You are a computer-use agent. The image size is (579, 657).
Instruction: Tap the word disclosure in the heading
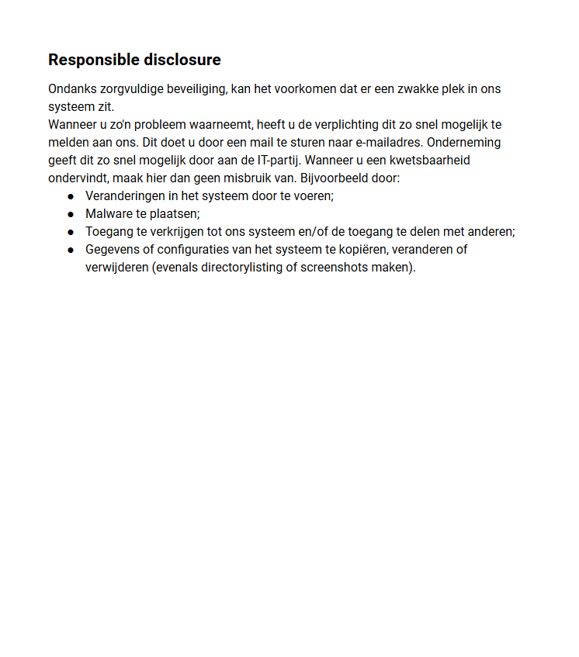click(x=183, y=61)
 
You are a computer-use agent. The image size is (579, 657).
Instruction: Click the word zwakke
click(x=419, y=89)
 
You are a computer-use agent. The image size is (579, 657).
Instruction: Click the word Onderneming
click(x=464, y=143)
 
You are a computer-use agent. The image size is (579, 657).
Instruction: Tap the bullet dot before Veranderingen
click(x=71, y=197)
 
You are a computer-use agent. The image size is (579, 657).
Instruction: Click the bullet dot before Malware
click(x=71, y=215)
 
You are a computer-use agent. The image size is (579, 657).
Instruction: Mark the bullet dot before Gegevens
click(x=71, y=251)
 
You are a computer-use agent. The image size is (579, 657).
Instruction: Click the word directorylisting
click(x=241, y=268)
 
